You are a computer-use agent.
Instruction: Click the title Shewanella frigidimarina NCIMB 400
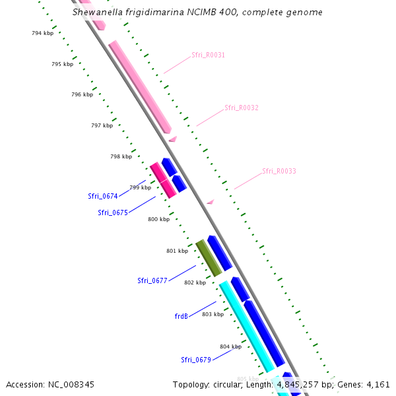tap(197, 12)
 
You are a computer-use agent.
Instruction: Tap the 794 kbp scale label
tap(42, 33)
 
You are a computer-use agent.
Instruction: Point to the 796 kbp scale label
tap(82, 94)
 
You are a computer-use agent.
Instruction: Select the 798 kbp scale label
tap(121, 156)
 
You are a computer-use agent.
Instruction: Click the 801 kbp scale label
tap(177, 251)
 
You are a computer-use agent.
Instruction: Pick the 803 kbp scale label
tap(213, 314)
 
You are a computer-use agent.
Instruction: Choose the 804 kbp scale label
tap(230, 346)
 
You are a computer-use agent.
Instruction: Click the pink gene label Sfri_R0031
tap(208, 55)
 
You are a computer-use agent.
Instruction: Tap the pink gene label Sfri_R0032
tap(241, 108)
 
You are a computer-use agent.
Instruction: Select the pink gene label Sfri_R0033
tap(279, 171)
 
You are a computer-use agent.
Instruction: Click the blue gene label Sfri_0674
tap(102, 196)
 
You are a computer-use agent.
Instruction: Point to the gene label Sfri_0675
tap(112, 213)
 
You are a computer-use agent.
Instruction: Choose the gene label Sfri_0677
tap(152, 280)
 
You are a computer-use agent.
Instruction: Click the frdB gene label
tap(181, 316)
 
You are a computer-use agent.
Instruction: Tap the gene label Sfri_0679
tap(195, 360)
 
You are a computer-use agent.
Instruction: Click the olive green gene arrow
tap(209, 258)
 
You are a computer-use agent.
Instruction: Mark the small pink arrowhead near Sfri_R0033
tap(211, 201)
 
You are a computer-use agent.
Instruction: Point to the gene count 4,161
tap(378, 384)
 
